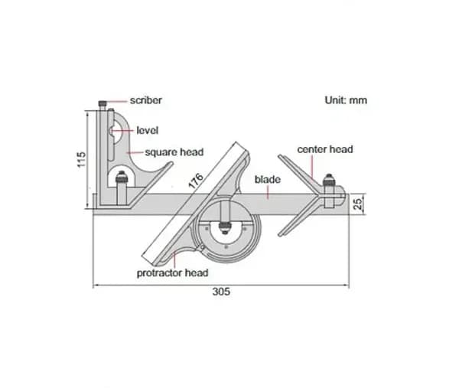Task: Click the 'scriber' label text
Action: pyautogui.click(x=146, y=100)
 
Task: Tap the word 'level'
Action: pyautogui.click(x=147, y=130)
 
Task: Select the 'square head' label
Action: pyautogui.click(x=174, y=152)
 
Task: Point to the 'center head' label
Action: pyautogui.click(x=325, y=149)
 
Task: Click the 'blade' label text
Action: pyautogui.click(x=268, y=180)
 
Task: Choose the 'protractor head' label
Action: pyautogui.click(x=172, y=273)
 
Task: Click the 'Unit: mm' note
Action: pyautogui.click(x=346, y=100)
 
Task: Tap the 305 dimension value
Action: pyautogui.click(x=221, y=292)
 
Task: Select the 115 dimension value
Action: pyautogui.click(x=81, y=160)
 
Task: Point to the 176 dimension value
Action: pyautogui.click(x=196, y=181)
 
